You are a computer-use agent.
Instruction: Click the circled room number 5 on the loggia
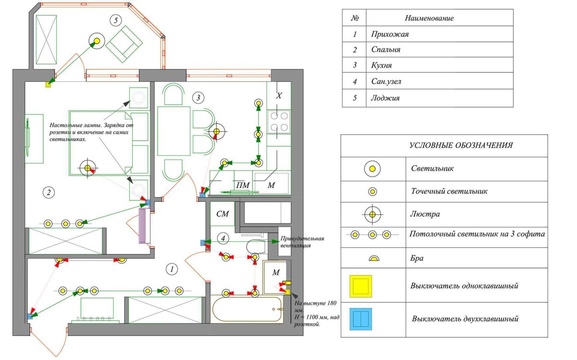tap(115, 20)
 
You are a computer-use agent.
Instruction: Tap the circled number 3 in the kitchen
tap(198, 98)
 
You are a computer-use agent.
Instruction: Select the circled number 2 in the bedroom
tap(48, 193)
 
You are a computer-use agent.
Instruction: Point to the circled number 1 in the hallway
tap(171, 269)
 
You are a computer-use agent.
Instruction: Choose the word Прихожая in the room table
tap(390, 34)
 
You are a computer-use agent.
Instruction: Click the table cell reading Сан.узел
tap(386, 82)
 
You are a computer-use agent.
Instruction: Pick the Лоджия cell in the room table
tap(386, 98)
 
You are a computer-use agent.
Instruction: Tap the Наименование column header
tap(429, 18)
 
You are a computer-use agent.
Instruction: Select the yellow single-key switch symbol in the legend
tap(361, 286)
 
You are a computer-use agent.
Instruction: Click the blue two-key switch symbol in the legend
tap(361, 319)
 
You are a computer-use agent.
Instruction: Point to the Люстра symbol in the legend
tap(372, 213)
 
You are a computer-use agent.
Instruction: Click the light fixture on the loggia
tap(97, 40)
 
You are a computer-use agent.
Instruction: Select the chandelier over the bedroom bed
tap(88, 168)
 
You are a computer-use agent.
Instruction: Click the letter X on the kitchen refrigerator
tap(278, 96)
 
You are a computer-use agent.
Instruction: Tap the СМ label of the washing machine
tap(222, 214)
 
